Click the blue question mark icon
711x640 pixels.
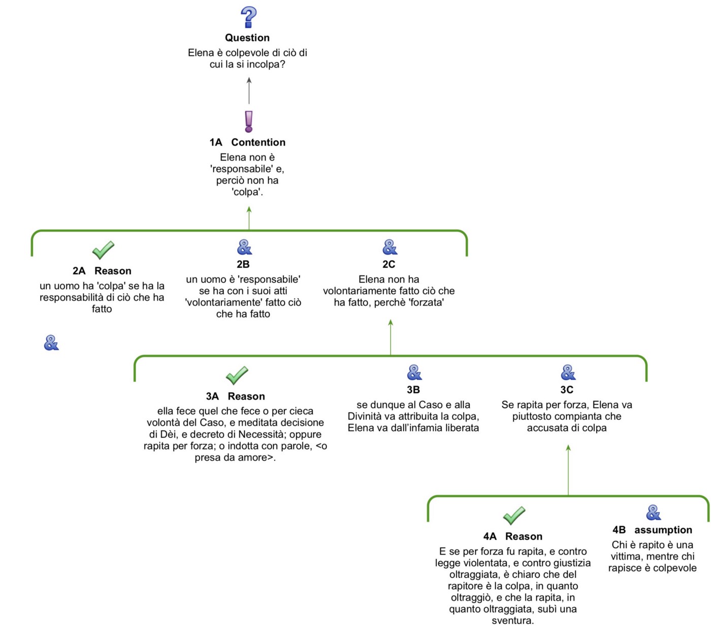248,17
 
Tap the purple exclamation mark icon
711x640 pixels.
248,122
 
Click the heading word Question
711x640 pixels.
247,38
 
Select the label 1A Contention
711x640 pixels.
247,142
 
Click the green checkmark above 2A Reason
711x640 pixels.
103,250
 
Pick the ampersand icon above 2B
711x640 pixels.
244,247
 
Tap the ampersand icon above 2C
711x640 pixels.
390,247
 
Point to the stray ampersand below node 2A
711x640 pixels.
51,343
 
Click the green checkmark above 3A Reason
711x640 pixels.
237,375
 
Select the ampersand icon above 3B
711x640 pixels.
414,373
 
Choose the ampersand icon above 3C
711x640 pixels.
568,373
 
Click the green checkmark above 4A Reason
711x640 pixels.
514,516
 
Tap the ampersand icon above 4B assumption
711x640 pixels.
653,513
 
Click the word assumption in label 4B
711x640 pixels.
663,530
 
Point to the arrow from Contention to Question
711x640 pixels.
249,91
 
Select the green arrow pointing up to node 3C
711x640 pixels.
568,469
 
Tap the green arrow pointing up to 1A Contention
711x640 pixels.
249,218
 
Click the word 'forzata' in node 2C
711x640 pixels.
426,303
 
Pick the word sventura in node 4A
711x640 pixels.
512,621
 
